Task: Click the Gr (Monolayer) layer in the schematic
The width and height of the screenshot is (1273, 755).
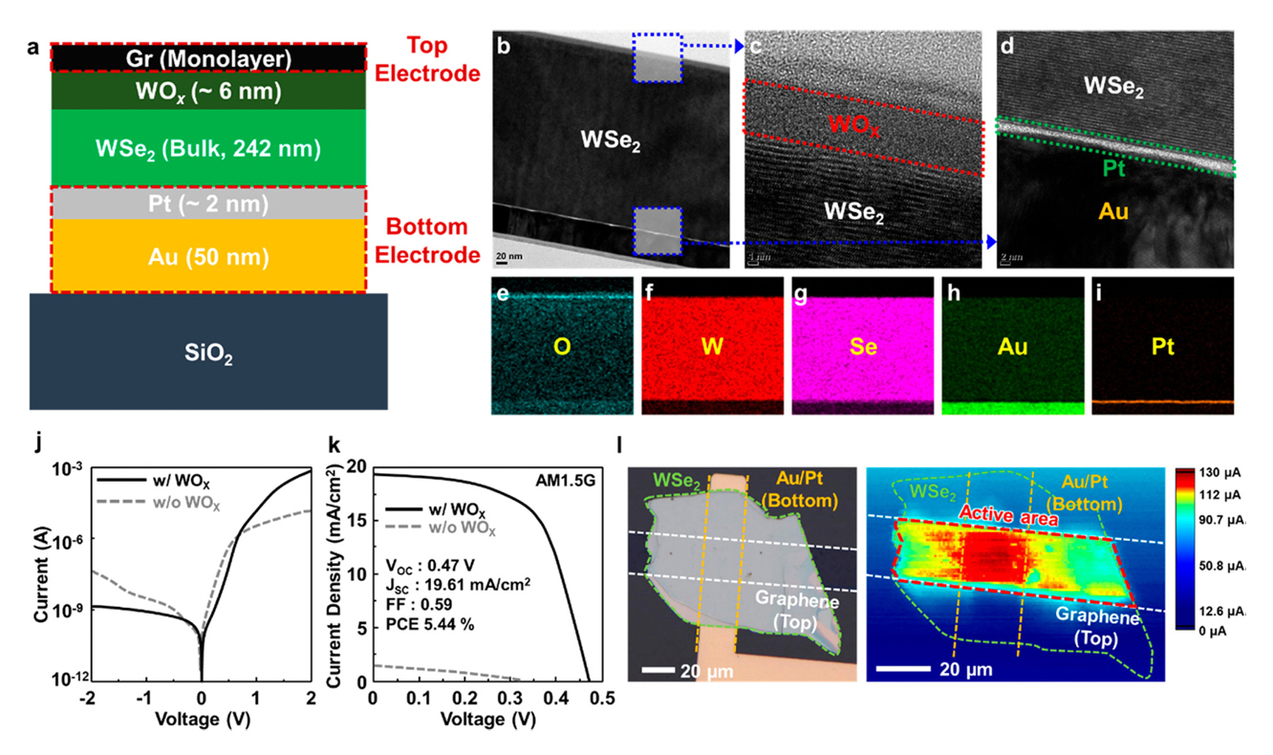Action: pos(208,58)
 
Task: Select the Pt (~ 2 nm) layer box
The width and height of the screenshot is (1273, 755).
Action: pos(208,204)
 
